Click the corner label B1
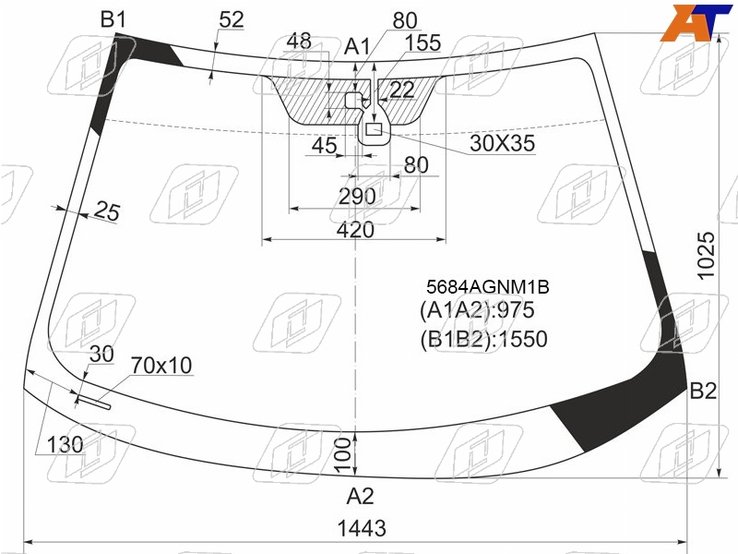(x=113, y=19)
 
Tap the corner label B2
(x=703, y=391)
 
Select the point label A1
(x=357, y=47)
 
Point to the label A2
(x=360, y=496)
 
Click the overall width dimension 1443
(x=362, y=528)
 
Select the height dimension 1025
(x=706, y=257)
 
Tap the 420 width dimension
(x=355, y=230)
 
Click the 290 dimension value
(x=357, y=197)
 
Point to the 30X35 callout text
(x=502, y=143)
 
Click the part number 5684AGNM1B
(x=488, y=287)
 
